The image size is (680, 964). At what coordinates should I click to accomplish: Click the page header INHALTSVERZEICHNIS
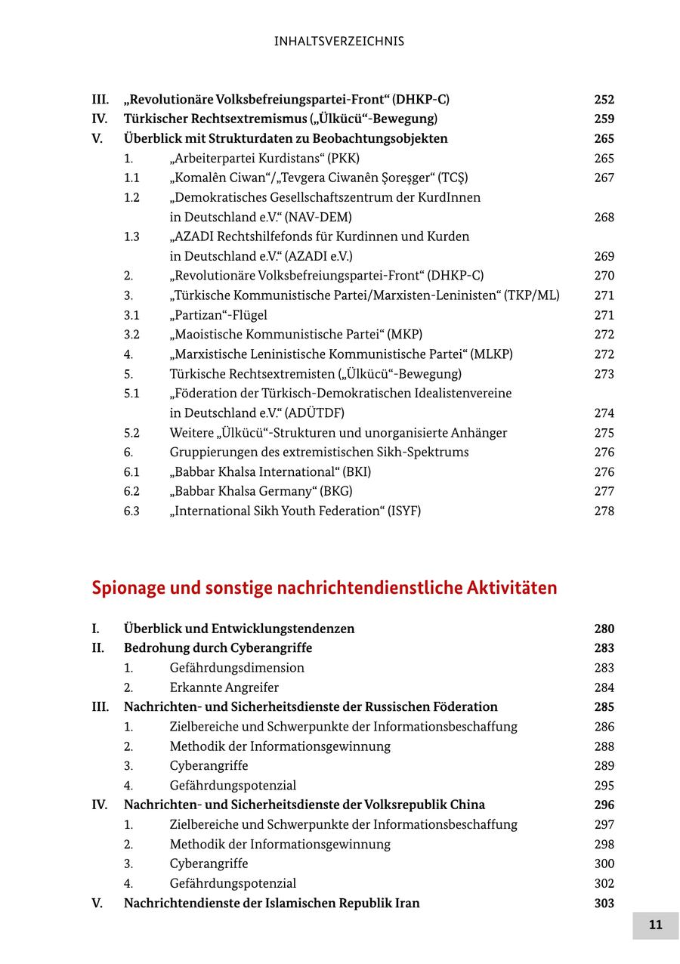(339, 42)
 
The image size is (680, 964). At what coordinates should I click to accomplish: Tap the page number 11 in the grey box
(655, 925)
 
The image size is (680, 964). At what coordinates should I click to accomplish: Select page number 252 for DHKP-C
(604, 99)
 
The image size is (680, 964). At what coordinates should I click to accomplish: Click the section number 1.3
(131, 236)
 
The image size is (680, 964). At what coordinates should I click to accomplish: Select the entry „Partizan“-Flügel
(218, 315)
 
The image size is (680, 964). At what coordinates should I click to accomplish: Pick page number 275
(604, 433)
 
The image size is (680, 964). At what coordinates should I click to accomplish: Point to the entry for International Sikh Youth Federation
(295, 511)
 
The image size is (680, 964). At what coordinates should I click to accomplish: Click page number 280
(604, 629)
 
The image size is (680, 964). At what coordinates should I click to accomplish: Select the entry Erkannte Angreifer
(224, 687)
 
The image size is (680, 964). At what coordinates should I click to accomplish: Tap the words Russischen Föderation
(431, 707)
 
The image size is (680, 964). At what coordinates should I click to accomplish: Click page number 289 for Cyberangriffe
(604, 766)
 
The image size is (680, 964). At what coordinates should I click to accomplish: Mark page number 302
(604, 883)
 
